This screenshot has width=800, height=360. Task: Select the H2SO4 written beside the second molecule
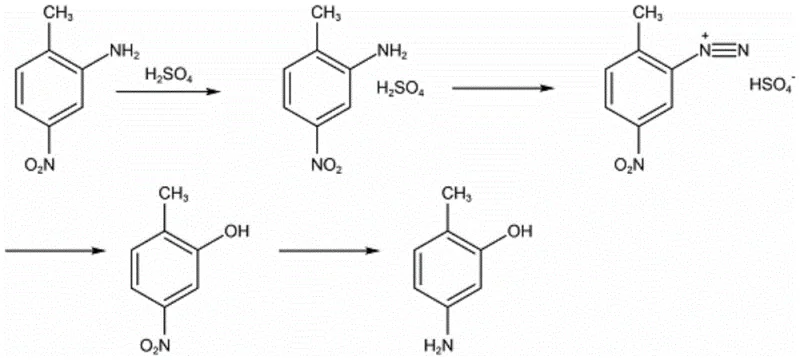pyautogui.click(x=400, y=91)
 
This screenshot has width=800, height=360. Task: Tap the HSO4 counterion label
pyautogui.click(x=772, y=85)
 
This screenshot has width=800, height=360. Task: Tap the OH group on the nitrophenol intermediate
pyautogui.click(x=238, y=231)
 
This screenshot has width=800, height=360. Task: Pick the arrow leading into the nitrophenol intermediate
pyautogui.click(x=55, y=249)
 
